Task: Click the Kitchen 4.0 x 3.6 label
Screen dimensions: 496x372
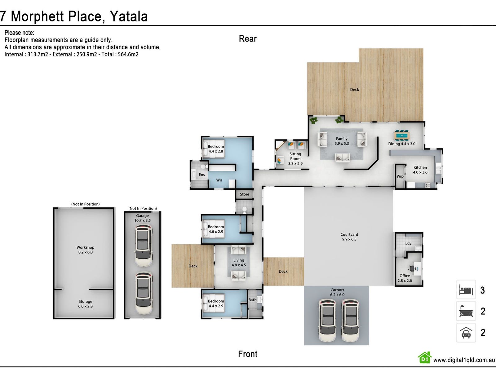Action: coord(420,170)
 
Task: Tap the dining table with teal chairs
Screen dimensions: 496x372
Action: coord(402,135)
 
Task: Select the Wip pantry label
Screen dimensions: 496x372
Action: coord(400,176)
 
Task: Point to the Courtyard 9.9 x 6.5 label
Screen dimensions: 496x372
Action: coord(349,237)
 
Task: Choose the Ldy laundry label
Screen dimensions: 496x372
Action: coord(408,243)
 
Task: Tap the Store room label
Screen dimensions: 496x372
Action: coord(245,194)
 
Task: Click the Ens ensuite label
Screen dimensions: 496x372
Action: coord(202,175)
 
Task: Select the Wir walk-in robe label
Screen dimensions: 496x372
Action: coord(219,180)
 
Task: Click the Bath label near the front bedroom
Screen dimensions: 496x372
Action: coord(252,300)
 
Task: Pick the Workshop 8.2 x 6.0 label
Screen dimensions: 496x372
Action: coord(86,250)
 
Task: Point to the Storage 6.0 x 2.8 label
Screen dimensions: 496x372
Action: coord(86,304)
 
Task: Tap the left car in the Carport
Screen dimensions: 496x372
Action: coord(328,320)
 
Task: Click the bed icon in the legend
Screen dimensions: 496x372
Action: coord(466,290)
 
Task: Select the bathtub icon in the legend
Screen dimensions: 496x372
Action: coord(466,311)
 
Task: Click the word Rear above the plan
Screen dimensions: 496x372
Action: coord(248,39)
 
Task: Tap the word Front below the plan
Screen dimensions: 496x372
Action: coord(248,354)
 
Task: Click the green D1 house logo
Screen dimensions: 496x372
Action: coord(425,358)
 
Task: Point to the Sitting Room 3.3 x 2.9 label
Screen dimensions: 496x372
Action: coord(295,158)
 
